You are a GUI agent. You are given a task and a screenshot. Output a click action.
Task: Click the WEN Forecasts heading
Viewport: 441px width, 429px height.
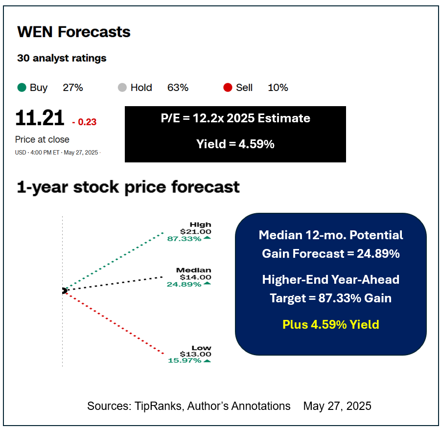(x=74, y=32)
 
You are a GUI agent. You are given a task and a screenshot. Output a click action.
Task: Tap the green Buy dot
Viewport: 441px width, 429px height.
(x=22, y=88)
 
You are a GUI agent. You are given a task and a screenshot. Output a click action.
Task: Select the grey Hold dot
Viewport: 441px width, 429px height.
(x=122, y=88)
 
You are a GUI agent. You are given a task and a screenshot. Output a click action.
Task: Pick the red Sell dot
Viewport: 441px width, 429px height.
(x=227, y=88)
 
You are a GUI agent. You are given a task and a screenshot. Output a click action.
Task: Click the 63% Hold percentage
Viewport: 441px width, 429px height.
(x=178, y=88)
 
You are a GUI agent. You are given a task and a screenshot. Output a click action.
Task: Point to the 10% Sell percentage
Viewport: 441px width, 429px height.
(x=278, y=88)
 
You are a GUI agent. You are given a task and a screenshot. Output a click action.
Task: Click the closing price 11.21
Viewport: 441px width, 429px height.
(x=40, y=119)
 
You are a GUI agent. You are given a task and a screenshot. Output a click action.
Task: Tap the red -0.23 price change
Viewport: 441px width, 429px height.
(x=84, y=122)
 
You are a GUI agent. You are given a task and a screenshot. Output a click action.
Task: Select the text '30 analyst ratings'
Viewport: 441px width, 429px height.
(x=62, y=58)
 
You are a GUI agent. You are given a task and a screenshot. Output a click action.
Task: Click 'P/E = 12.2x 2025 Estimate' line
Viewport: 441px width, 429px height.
(x=235, y=118)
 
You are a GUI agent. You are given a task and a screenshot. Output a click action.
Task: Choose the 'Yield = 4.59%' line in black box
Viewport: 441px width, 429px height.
(x=235, y=144)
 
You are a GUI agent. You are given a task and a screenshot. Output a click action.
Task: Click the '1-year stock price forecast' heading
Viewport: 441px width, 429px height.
(x=128, y=187)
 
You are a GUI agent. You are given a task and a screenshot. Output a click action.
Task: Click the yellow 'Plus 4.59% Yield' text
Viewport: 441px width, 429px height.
(x=330, y=324)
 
